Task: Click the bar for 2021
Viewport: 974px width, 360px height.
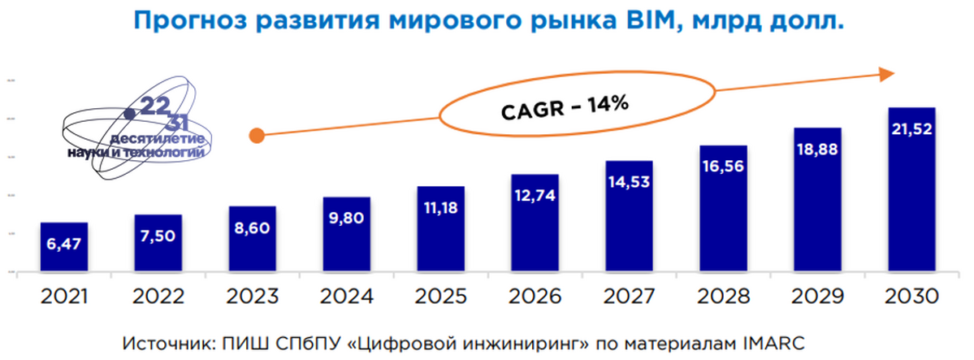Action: coord(63,247)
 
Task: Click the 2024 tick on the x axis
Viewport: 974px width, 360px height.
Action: coord(346,294)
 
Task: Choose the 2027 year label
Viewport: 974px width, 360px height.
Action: coord(628,294)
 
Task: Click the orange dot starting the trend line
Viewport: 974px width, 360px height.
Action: coord(257,136)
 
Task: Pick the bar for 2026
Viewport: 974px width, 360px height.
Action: coord(535,223)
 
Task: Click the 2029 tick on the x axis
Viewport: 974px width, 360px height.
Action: coord(816,294)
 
